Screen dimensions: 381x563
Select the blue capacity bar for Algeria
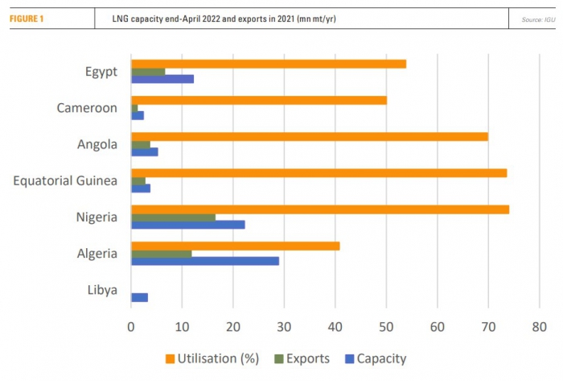click(205, 261)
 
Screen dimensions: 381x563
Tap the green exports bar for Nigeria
click(173, 217)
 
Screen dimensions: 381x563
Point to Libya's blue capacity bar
click(139, 297)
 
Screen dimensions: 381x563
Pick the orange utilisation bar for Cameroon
click(258, 100)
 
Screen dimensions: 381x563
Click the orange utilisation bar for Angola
click(309, 136)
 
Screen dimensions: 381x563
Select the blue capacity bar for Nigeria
click(187, 225)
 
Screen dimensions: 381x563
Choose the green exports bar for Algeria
click(161, 253)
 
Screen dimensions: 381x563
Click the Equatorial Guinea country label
click(65, 180)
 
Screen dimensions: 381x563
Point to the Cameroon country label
click(87, 108)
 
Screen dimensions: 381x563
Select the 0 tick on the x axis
click(131, 327)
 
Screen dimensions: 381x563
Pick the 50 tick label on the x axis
click(386, 327)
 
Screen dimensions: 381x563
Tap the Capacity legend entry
click(375, 359)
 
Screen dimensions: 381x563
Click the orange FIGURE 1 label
click(26, 18)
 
